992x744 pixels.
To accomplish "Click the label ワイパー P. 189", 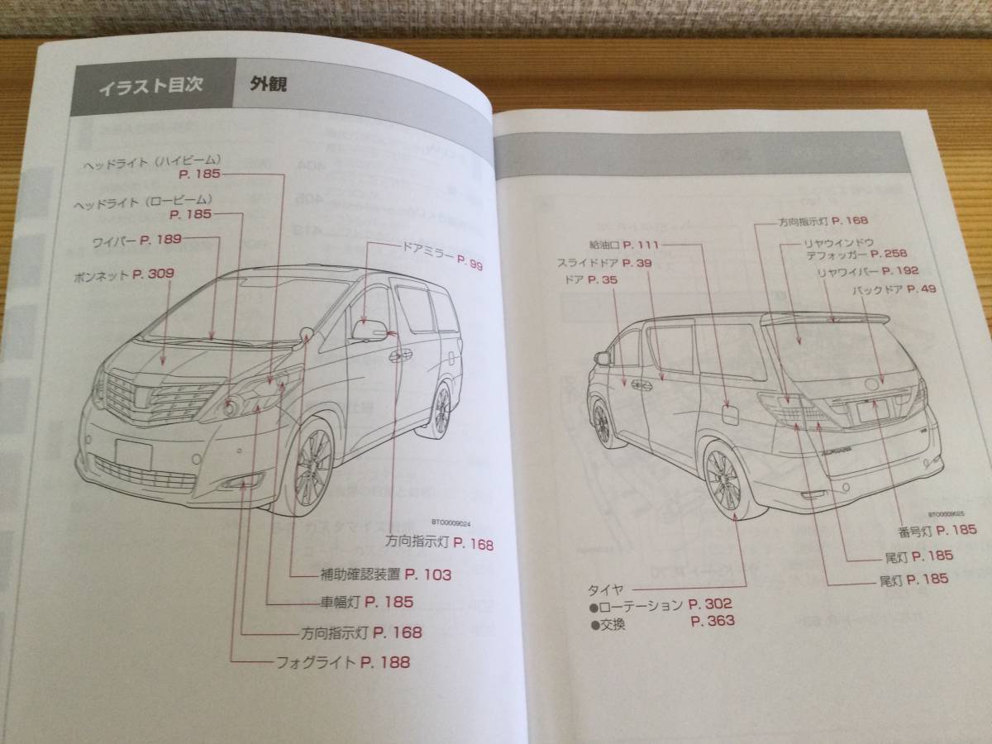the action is click(x=136, y=241).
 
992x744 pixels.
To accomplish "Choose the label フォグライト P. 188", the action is click(x=342, y=661).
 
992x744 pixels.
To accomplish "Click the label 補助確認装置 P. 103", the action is click(x=385, y=575).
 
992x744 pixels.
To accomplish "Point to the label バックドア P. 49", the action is click(x=894, y=289).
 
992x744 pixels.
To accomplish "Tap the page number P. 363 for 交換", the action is click(x=712, y=621).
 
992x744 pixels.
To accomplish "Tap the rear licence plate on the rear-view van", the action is click(x=871, y=408).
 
